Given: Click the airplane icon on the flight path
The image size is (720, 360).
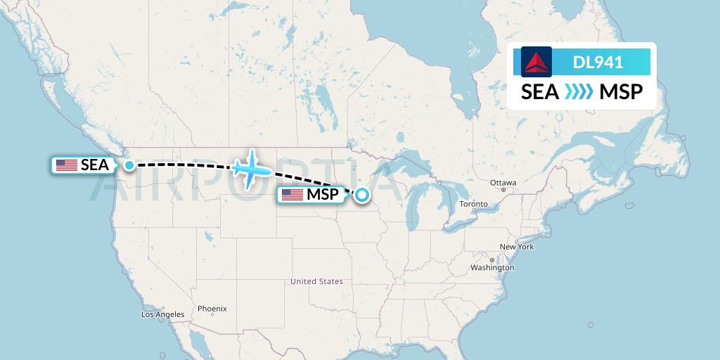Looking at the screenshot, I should tap(252, 169).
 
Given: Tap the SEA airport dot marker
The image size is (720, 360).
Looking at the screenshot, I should tap(129, 165).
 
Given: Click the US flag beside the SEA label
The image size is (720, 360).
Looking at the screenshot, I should tap(67, 165).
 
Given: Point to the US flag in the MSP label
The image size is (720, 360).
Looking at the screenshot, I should tap(292, 195).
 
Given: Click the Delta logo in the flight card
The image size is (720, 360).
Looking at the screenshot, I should tap(536, 62).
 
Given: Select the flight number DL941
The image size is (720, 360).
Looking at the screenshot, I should tap(598, 62).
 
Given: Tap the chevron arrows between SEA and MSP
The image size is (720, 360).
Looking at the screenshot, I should tap(579, 92).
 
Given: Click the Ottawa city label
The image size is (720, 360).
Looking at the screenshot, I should tap(503, 182).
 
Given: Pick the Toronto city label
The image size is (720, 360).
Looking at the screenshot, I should tap(473, 204).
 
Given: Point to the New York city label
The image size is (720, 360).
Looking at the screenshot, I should tap(516, 247).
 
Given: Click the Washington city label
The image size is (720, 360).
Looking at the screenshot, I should tap(492, 268).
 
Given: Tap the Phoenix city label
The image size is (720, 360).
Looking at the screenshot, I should tap(212, 309).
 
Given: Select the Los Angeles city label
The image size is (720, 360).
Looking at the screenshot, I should tap(162, 314).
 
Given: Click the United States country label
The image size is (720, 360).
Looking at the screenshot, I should tap(317, 281).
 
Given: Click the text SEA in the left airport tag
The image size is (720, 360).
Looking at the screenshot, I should tap(95, 165).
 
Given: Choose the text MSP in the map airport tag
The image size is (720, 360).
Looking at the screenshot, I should tap(322, 195).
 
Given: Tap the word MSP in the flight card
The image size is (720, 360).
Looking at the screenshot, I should tap(621, 92).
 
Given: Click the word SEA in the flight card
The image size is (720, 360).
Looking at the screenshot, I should tap(540, 92).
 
